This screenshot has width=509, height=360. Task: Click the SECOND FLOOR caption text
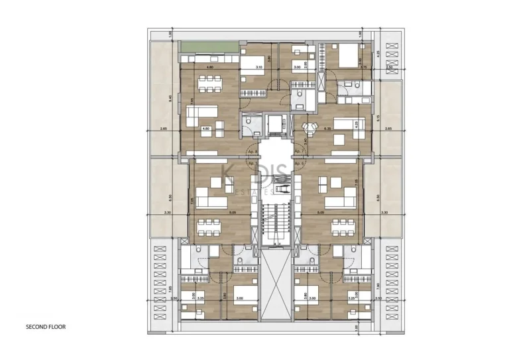point(46,327)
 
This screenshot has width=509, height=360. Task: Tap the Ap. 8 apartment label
point(252,150)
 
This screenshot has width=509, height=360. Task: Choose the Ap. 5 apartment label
point(252,163)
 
